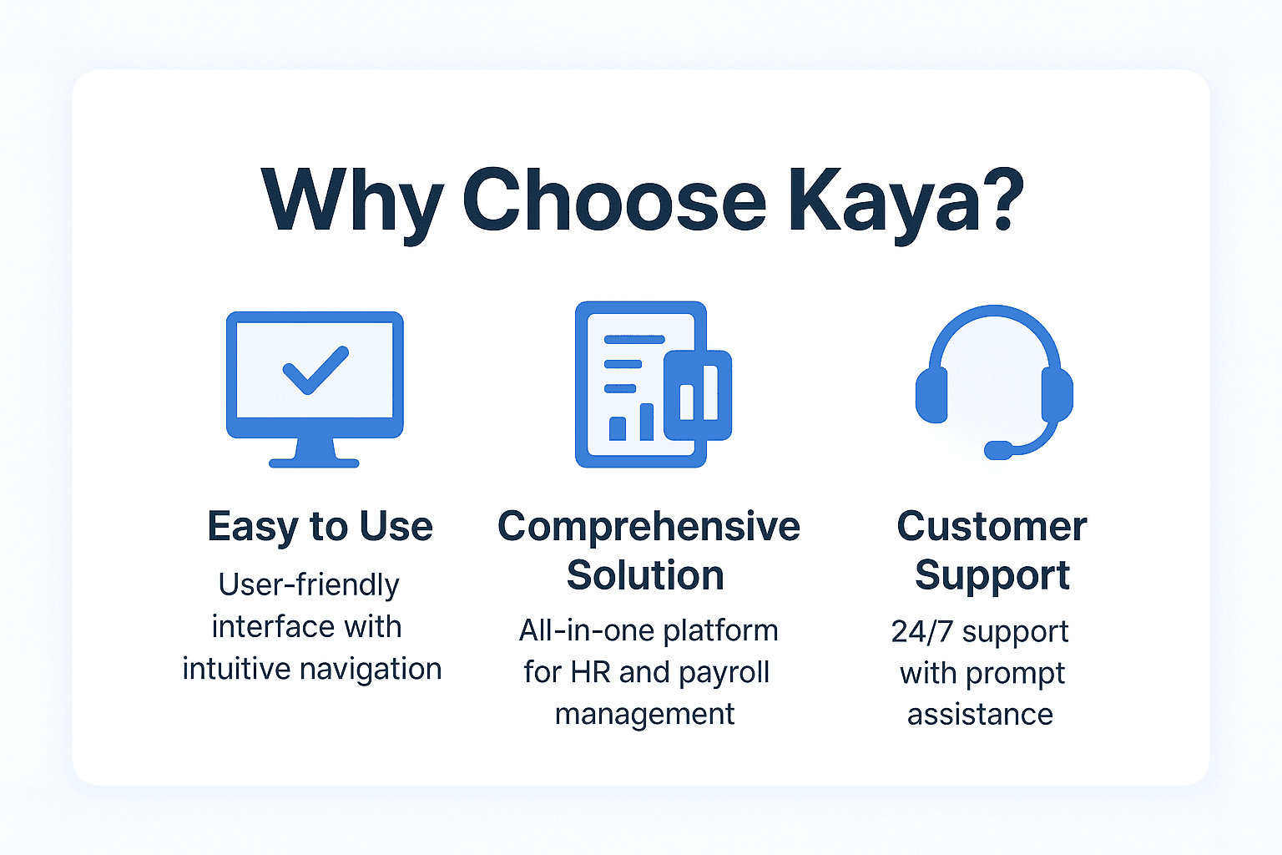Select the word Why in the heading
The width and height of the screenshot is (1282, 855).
coord(351,202)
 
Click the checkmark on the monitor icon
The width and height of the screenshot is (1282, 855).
coord(315,368)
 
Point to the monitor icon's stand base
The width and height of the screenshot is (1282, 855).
coord(314,462)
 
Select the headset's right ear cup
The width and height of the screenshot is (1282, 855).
coord(1057,395)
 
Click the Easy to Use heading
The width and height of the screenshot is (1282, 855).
coord(320,527)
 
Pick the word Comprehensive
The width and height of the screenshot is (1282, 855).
coord(649,527)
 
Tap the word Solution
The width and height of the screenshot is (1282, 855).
coord(645,575)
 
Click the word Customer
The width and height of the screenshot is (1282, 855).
coord(992,527)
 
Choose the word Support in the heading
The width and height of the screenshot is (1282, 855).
coord(992,575)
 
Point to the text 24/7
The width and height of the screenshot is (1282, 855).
coord(921,632)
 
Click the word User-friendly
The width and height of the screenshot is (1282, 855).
coord(309,585)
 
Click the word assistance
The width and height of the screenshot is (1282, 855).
coord(980,715)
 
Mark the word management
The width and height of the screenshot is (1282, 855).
coord(645,715)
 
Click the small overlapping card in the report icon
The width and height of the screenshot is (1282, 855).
coord(698,395)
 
